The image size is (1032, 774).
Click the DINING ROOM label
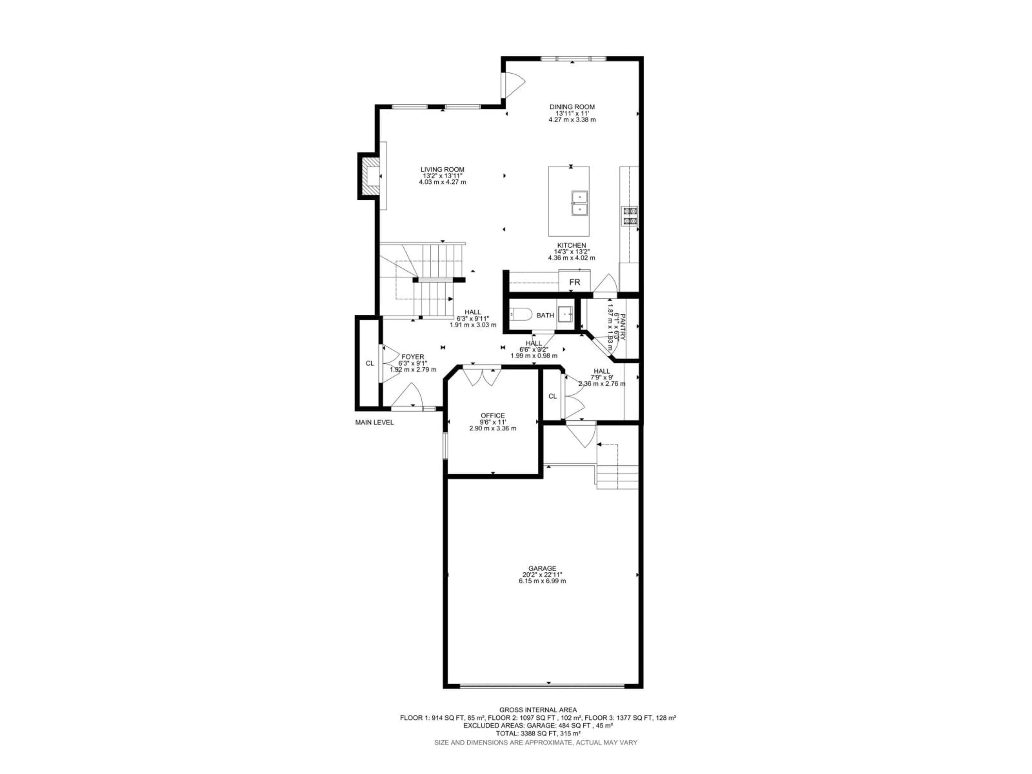(572, 107)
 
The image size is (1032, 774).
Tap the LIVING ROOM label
(442, 169)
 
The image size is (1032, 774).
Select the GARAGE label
(542, 568)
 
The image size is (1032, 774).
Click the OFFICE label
(493, 415)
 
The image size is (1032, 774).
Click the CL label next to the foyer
(370, 363)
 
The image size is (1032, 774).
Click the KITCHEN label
(572, 245)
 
